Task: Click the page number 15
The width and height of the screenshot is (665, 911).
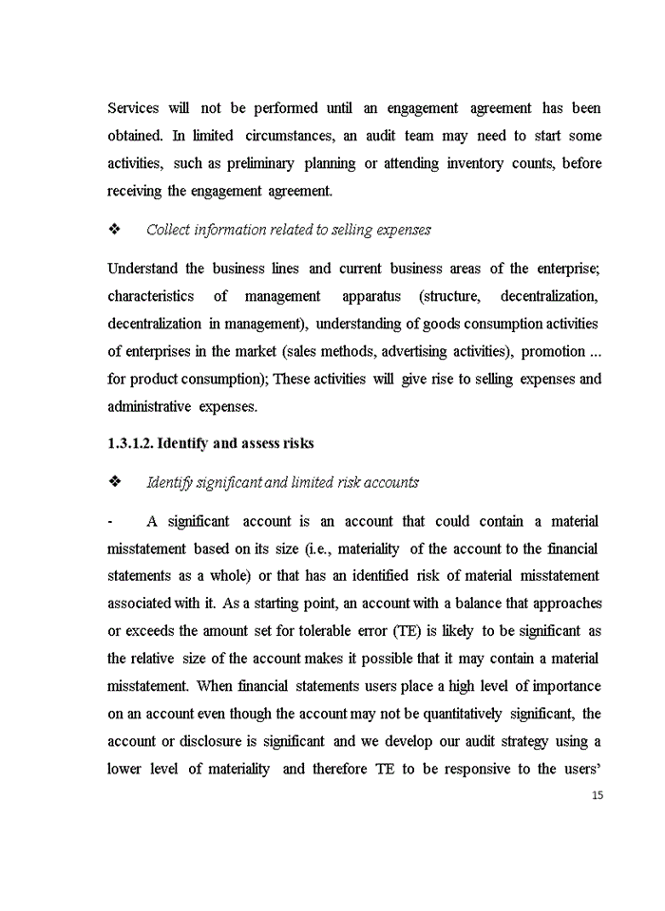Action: point(597,795)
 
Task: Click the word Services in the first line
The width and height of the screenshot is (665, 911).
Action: point(133,108)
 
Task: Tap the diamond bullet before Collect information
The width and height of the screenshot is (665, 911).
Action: point(114,230)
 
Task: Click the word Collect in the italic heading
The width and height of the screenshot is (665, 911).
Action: point(167,230)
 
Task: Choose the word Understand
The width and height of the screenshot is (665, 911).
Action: point(143,269)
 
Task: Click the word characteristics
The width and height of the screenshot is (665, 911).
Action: point(150,296)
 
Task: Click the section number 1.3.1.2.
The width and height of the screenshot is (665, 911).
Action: point(130,443)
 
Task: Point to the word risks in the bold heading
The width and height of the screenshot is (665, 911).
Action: point(294,443)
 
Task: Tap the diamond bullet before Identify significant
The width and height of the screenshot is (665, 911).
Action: point(114,482)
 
